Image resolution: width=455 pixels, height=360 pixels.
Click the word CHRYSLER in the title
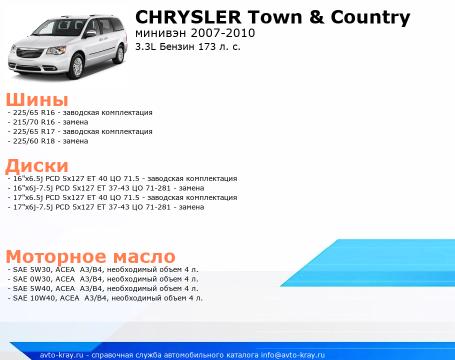coord(188,17)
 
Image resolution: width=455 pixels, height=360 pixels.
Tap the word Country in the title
coord(370,18)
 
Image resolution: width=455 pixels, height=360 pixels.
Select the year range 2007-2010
coord(223,33)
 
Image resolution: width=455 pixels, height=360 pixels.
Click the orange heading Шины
coord(37,99)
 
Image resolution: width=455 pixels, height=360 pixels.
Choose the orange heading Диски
coord(37,166)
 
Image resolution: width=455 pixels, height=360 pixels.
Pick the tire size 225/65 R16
coord(34,112)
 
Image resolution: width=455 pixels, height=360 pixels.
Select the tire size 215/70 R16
coord(34,122)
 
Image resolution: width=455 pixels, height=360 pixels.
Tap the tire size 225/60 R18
coord(34,141)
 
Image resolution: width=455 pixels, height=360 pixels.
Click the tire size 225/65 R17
coord(34,131)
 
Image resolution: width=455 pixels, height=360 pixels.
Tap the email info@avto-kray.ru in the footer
coord(293,355)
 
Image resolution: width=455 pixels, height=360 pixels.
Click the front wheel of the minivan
coord(77,66)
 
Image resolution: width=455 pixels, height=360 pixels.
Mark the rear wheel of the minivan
coord(119,54)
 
